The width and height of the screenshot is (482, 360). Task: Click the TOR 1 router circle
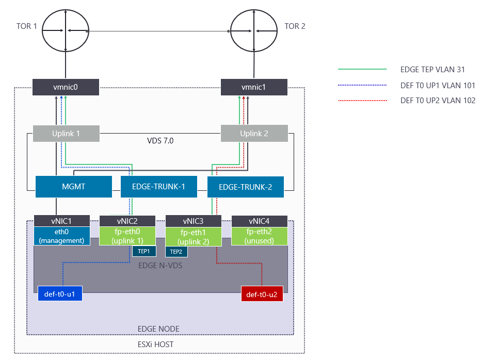point(66,30)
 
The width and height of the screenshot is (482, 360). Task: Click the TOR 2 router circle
point(253,30)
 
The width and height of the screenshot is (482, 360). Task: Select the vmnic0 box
point(66,87)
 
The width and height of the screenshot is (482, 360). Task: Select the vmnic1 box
point(253,87)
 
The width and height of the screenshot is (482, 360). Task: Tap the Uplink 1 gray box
point(66,134)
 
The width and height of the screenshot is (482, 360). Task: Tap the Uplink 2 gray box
point(254,134)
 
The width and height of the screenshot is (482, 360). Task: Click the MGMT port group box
point(73,187)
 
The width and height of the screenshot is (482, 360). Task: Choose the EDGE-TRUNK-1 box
point(159,187)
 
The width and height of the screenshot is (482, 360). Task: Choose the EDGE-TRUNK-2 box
point(246,187)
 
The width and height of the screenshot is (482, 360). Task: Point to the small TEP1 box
point(144,251)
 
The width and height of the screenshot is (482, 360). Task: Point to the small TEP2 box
point(176,251)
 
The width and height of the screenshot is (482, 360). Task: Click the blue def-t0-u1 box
point(60,295)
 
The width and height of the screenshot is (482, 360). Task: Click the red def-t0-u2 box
point(262,295)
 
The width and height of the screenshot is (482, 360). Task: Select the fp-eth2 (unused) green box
point(260,236)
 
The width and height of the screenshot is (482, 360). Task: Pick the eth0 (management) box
point(62,236)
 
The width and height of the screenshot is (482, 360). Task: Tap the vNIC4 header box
point(260,221)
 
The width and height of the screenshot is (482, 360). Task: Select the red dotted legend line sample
point(362,101)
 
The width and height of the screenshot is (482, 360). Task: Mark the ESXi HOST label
point(159,343)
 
